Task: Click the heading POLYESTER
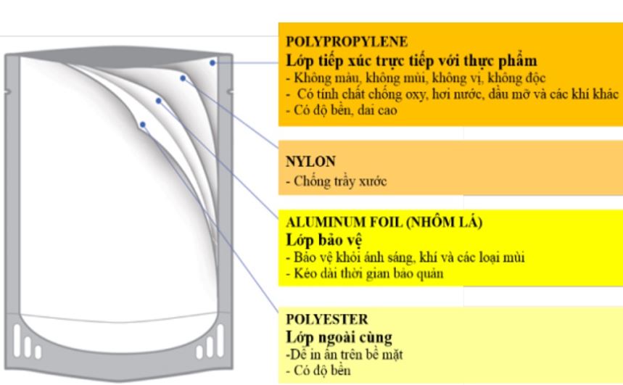pos(327,319)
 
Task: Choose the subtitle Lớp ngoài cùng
pos(339,337)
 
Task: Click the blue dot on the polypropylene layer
pos(213,62)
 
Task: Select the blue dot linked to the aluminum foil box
pos(158,101)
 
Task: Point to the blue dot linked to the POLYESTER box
pos(143,125)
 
